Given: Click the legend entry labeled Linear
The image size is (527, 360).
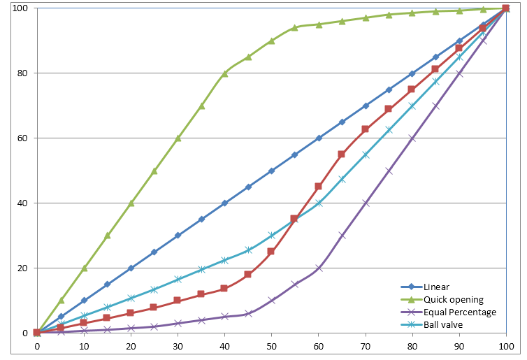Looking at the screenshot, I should coord(437,287).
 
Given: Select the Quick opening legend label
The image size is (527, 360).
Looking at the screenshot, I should coord(452,299).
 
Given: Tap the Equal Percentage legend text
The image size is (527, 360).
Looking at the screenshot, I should coord(460,312).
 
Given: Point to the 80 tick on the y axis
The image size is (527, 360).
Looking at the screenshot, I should coord(22,73).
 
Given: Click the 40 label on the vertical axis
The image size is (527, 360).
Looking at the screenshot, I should coord(22,203).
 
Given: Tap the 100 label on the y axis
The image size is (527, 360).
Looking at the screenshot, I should coord(20,8).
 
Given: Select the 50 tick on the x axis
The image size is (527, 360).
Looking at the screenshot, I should coord(271,346).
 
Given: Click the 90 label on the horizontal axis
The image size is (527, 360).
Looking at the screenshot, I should coord(459,346).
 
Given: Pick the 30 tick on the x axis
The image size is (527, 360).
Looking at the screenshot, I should coord(178,346).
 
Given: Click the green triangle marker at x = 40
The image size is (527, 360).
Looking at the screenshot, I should coord(224,73).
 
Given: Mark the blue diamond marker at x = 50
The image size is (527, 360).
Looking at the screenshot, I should coord(271,171).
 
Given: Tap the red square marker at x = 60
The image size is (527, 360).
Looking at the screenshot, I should coord(318,187).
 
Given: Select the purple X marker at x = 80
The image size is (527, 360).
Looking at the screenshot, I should coord(412,138).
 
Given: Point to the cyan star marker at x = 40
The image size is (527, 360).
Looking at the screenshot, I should coord(224,260).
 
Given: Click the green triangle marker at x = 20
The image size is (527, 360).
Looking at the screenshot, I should coord(131,203).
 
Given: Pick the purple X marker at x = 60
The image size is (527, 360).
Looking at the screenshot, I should coord(318,268).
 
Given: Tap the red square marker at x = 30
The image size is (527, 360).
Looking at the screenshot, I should coord(178,301).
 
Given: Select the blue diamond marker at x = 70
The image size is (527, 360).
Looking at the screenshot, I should coord(366,106).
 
